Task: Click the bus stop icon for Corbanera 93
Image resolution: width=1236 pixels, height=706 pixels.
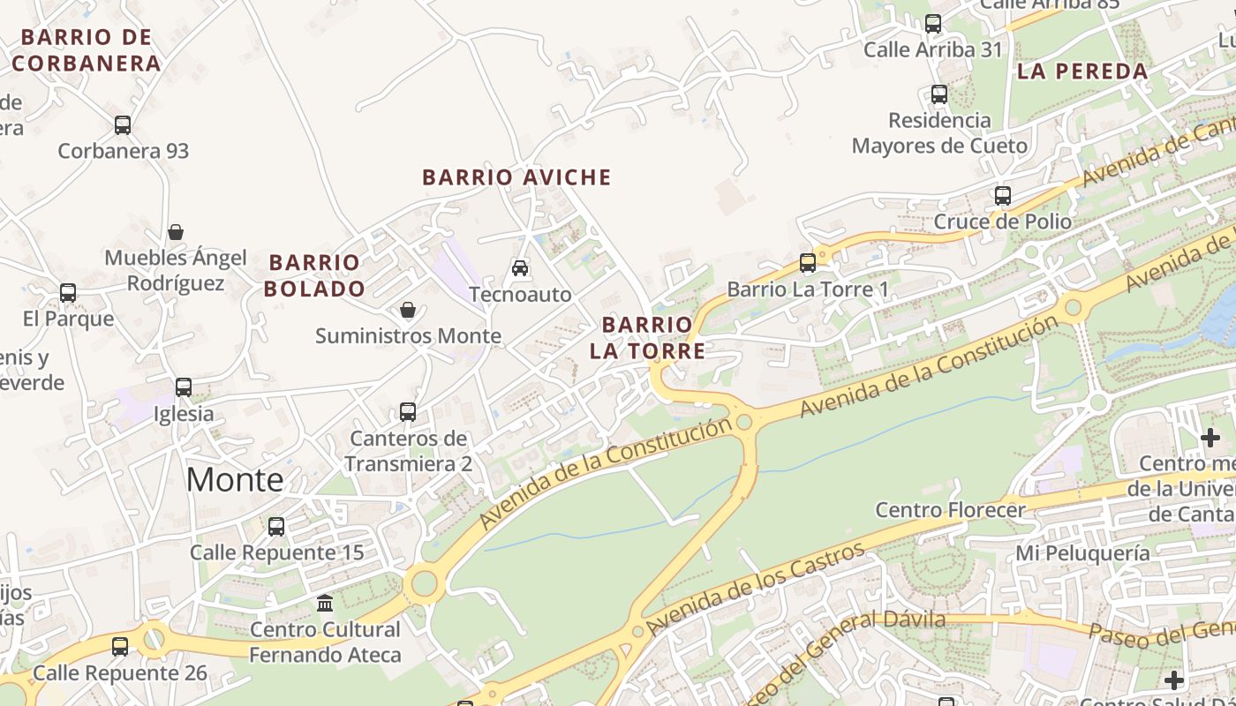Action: (x=123, y=125)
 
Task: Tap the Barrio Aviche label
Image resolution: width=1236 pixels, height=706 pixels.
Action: (x=516, y=177)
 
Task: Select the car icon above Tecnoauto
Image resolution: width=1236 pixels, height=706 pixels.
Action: (x=520, y=267)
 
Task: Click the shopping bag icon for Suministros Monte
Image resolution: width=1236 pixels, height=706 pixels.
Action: (x=408, y=310)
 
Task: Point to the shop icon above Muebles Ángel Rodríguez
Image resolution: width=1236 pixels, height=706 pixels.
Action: (x=176, y=232)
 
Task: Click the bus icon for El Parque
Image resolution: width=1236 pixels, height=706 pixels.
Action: (x=68, y=293)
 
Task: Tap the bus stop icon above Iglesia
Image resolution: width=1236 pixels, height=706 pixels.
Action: (x=184, y=387)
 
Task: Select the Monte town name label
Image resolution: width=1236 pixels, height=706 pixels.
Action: (x=235, y=479)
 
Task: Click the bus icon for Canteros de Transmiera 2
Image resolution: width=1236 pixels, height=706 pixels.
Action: (x=408, y=412)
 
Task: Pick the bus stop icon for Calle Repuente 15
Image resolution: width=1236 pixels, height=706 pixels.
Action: (x=276, y=527)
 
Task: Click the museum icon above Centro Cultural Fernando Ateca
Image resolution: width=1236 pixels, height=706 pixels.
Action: (x=325, y=604)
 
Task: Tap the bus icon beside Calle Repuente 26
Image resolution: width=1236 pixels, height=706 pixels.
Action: (x=120, y=647)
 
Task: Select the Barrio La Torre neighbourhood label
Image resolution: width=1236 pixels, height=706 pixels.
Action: (x=648, y=338)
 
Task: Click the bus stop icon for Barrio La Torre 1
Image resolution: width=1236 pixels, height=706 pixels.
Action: (x=808, y=263)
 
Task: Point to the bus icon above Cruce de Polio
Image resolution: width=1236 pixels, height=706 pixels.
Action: (x=1003, y=196)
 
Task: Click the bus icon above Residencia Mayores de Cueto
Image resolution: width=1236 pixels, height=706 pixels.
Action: (x=939, y=94)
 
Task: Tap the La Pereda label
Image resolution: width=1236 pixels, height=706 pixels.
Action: (x=1082, y=71)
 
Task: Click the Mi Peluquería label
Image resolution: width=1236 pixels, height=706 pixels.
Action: (x=1083, y=553)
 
